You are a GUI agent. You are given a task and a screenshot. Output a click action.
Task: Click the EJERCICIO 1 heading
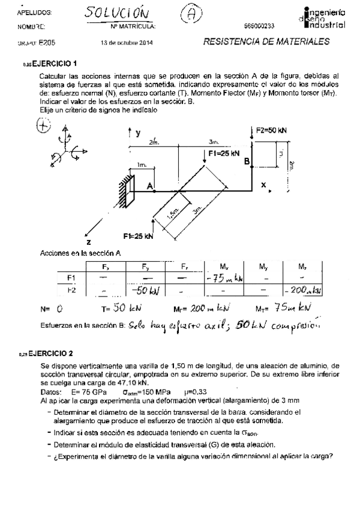pos(54,63)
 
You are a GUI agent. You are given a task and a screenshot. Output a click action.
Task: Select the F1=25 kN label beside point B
pos(224,153)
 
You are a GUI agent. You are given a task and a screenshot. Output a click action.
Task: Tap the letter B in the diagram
pos(246,161)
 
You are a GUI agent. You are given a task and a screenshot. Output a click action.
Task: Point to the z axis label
pos(88,242)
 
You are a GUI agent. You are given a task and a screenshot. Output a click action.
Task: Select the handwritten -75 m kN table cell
pos(223,278)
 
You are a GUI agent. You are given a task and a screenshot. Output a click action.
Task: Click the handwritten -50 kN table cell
pos(144,291)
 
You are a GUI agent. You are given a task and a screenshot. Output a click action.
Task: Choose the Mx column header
pos(223,266)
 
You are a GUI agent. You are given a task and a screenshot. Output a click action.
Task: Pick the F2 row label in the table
pos(71,290)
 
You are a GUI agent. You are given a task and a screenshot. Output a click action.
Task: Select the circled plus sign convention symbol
pos(43,125)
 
